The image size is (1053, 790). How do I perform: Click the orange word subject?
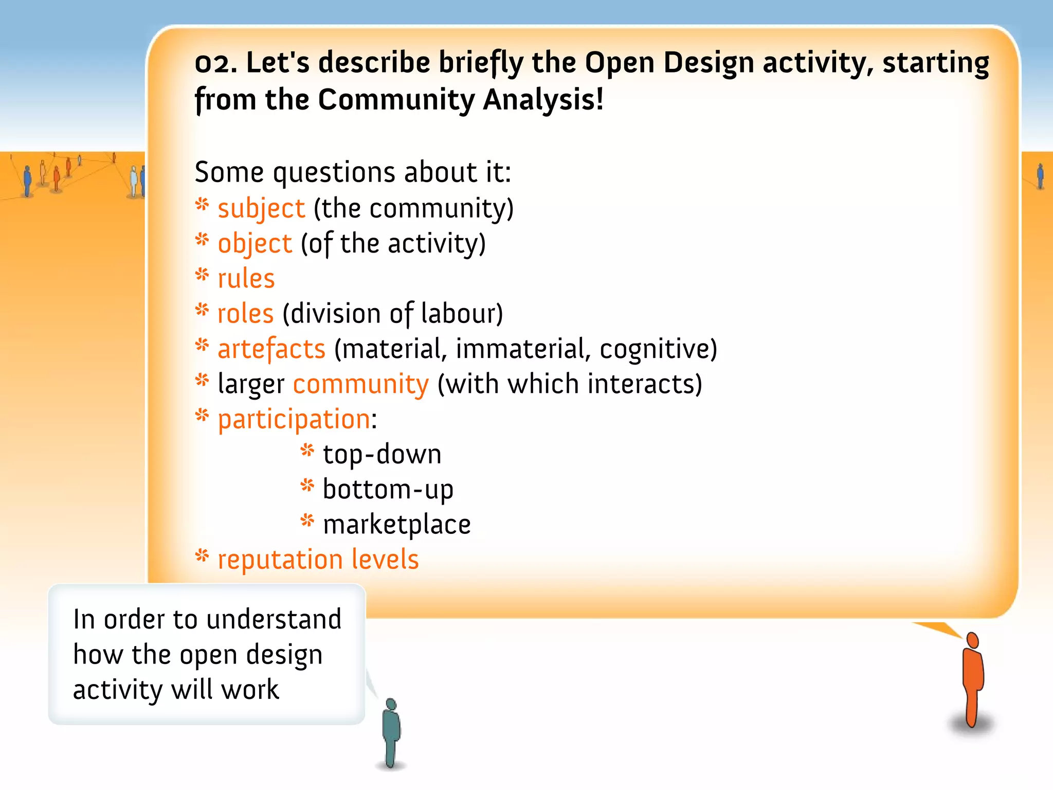pos(261,209)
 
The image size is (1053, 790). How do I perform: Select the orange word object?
pos(255,244)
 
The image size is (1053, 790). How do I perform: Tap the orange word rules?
pos(246,279)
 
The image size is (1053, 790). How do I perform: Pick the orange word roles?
pos(245,314)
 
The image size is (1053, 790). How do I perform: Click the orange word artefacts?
pos(271,349)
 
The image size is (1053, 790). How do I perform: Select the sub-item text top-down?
pos(382,455)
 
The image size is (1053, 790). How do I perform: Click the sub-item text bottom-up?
pos(388,490)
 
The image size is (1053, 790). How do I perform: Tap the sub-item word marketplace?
pos(396,525)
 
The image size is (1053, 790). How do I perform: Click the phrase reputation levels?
pos(318,560)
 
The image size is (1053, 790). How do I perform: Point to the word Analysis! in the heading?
pos(543,100)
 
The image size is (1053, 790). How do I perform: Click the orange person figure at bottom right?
pos(972,679)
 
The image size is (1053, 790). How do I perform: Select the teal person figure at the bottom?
pos(392,730)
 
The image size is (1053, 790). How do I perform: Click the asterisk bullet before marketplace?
pos(307,521)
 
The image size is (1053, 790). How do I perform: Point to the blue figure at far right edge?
pos(1041,176)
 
